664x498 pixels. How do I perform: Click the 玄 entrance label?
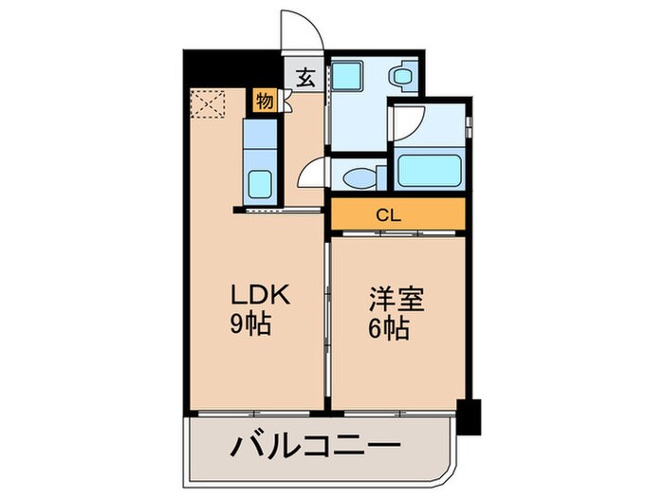pos(306,79)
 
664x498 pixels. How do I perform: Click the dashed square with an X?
pos(206,103)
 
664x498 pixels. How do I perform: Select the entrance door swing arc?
pos(304,28)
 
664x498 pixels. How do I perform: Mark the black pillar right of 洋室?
pos(469,415)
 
